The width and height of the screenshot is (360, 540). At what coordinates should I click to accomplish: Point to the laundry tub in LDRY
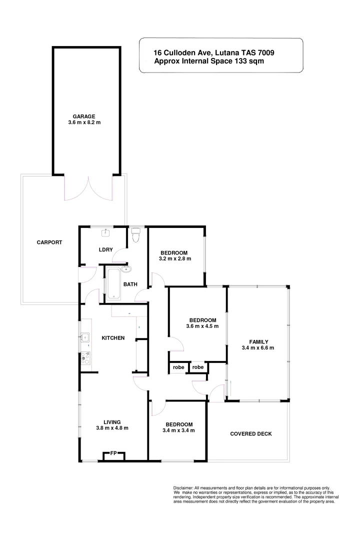tap(105, 232)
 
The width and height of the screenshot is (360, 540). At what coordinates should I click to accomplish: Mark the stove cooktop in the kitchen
tap(86, 357)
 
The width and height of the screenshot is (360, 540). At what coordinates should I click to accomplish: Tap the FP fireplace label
tap(113, 454)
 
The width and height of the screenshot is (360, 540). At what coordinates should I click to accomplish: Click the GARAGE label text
tap(84, 116)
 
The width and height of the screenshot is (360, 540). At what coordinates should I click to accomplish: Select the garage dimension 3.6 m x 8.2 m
tap(84, 123)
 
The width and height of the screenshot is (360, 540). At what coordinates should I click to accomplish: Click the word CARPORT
tap(49, 242)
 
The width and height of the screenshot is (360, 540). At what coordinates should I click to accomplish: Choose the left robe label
tap(179, 367)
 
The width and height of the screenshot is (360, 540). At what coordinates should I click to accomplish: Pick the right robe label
tap(198, 367)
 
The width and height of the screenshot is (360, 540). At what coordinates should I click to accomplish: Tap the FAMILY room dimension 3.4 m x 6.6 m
tap(257, 348)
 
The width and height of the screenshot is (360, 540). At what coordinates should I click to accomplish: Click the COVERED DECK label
tap(251, 433)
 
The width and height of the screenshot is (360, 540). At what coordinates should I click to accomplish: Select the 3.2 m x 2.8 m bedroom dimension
tap(175, 258)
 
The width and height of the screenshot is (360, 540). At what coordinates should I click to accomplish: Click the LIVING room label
tap(112, 421)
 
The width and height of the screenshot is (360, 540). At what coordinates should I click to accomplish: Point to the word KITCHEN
tap(113, 338)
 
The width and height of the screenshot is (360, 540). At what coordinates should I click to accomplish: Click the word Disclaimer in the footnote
tap(183, 487)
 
